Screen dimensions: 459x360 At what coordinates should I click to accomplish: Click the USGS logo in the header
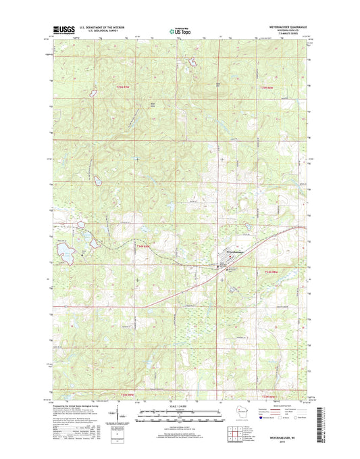pos(61,29)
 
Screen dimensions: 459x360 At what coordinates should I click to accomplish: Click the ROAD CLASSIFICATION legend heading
pos(280,405)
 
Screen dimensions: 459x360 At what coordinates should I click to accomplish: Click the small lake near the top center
pos(192,62)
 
